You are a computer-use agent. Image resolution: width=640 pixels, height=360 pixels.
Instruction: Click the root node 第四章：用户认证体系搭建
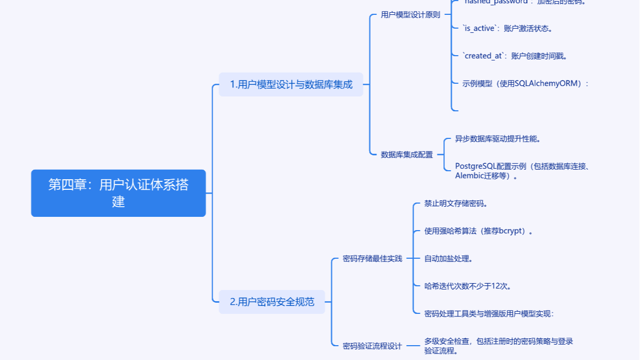tap(118, 193)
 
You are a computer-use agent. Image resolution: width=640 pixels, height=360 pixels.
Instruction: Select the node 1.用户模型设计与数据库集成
tap(291, 84)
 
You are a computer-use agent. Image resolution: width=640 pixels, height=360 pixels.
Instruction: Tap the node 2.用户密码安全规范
tap(272, 302)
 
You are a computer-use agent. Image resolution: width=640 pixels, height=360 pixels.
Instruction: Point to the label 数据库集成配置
tap(407, 155)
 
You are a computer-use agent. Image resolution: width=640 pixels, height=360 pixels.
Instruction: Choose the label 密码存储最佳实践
tap(372, 259)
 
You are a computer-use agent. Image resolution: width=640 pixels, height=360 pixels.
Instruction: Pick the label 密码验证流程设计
tap(372, 346)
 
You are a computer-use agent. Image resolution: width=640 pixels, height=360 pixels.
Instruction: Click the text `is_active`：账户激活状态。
tap(508, 28)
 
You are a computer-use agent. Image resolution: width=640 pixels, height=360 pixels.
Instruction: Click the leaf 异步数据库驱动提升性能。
tap(497, 139)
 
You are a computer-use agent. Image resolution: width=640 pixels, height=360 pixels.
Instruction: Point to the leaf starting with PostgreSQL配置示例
tap(522, 171)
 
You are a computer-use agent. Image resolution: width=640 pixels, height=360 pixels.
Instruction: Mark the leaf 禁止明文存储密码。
tap(455, 203)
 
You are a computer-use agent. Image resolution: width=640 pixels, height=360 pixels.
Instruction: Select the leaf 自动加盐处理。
tap(448, 259)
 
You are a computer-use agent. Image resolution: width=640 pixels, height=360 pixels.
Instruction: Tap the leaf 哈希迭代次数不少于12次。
tap(468, 286)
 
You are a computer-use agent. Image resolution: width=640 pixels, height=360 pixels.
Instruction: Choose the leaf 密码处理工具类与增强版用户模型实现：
tap(489, 313)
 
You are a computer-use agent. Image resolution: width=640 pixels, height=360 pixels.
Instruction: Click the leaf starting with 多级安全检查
tap(498, 346)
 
